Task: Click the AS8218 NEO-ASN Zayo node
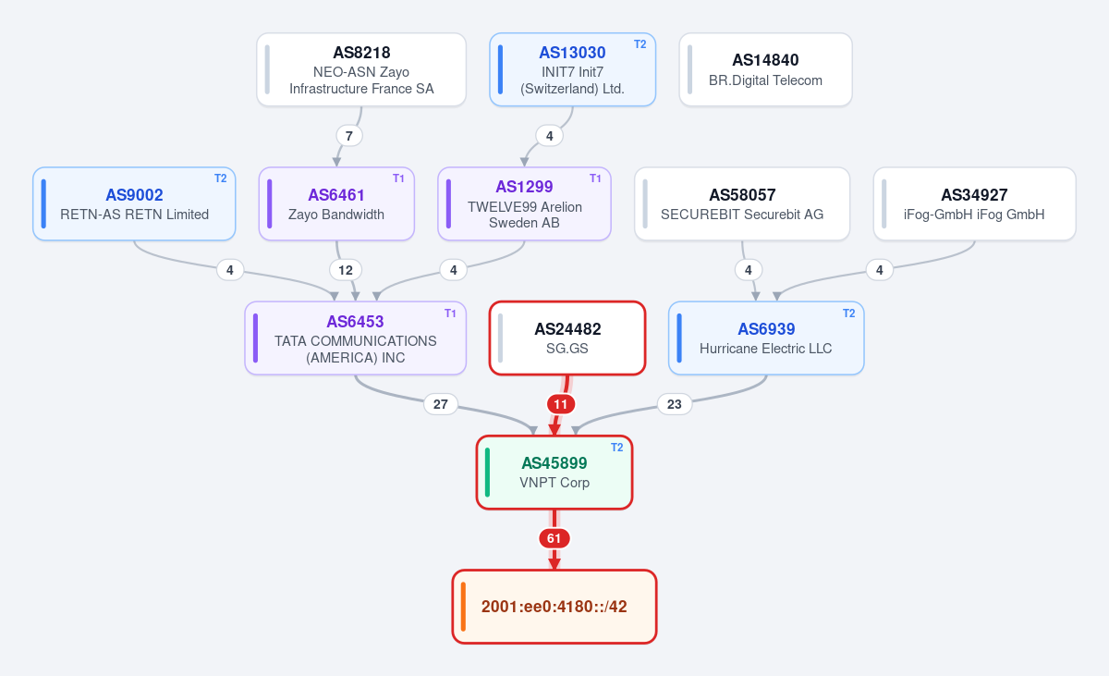point(361,69)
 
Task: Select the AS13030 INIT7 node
point(573,69)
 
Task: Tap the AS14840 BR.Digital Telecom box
point(766,69)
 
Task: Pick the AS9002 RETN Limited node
point(134,203)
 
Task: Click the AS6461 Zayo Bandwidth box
point(336,203)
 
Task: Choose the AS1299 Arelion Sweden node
point(524,203)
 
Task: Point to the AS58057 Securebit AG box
point(742,203)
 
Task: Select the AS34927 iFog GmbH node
point(974,203)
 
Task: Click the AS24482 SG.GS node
point(567,338)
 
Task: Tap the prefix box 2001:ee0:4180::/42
point(554,607)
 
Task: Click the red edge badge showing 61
point(554,538)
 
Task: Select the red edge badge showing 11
point(560,404)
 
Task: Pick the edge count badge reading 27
point(441,404)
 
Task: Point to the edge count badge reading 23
point(675,404)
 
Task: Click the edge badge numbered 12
point(346,270)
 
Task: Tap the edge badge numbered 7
point(349,136)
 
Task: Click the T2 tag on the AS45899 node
point(617,448)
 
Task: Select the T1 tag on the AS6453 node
point(450,313)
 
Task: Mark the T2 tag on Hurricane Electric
point(848,313)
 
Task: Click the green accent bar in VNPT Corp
point(488,473)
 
